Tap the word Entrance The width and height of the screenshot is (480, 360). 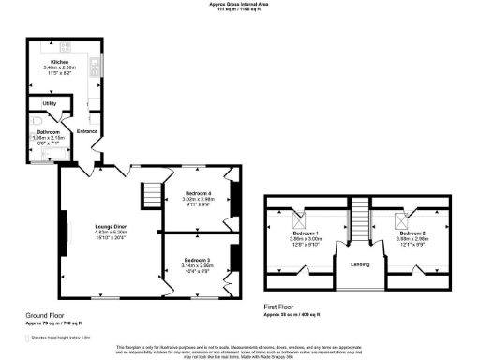click(x=87, y=131)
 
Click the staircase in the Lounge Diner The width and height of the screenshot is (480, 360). click(x=151, y=197)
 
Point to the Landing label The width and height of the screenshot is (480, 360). click(x=360, y=264)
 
